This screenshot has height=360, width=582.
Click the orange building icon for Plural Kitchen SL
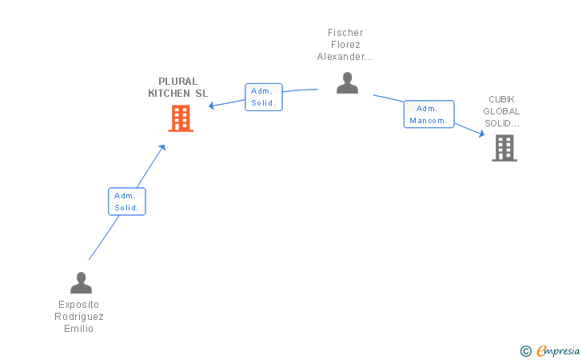coord(181,118)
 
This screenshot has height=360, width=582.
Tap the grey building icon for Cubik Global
coord(504,148)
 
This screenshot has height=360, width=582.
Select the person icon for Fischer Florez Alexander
coord(347,83)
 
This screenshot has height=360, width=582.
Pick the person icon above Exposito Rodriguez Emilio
coord(81,282)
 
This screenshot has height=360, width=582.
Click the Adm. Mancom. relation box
coord(429,114)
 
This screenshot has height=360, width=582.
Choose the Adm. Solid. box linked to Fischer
coord(264,97)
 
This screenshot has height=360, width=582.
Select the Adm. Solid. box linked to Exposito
coord(127,202)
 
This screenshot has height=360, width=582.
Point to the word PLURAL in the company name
coord(177,82)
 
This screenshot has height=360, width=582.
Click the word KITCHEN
coord(169,94)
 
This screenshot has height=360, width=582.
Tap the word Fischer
coord(345,33)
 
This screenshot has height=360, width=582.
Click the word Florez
coord(345,45)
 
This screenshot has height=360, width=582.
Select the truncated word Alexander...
coord(345,57)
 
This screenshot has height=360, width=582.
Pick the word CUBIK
coord(501,99)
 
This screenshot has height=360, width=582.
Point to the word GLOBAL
coord(501,111)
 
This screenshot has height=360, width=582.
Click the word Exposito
coord(78,305)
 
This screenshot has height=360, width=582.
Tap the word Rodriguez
coord(78,317)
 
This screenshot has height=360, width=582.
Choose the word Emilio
coord(78,329)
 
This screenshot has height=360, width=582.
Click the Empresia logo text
coord(558,350)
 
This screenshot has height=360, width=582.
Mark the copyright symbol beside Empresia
coord(526,351)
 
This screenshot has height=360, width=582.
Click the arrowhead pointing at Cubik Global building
coord(482,134)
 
